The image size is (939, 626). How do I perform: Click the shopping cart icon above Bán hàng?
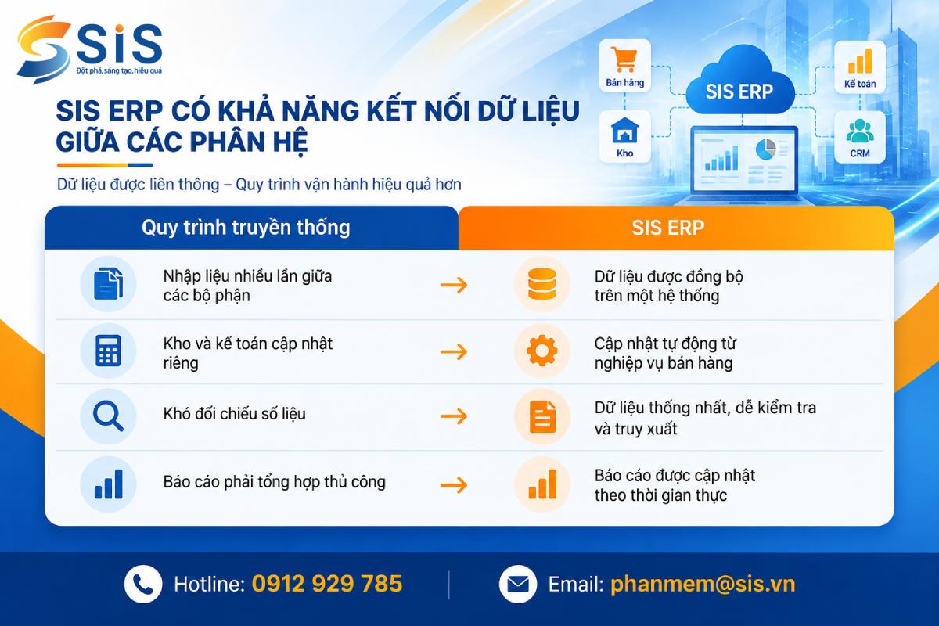tap(624, 59)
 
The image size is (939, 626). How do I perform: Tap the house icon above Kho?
tap(625, 131)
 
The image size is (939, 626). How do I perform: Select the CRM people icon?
tap(860, 131)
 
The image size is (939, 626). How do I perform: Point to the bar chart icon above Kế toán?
tap(860, 61)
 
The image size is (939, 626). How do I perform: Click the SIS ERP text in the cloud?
tap(739, 92)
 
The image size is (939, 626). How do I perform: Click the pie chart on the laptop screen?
tap(766, 149)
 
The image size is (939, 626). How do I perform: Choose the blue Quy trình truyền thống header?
tap(251, 228)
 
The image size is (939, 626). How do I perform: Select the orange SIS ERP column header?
tap(676, 228)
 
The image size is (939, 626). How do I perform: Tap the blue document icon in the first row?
tap(108, 284)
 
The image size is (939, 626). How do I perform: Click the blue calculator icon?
tap(108, 351)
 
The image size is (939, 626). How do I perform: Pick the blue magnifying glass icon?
tap(108, 416)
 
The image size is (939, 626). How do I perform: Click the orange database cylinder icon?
tap(541, 284)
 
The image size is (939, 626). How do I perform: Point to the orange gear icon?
tap(541, 351)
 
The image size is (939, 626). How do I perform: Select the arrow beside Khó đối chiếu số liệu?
tap(454, 416)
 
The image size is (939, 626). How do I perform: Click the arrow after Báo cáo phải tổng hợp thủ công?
tap(454, 485)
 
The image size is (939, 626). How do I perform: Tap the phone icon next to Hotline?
tap(143, 584)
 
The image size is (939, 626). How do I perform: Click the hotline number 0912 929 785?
tap(327, 584)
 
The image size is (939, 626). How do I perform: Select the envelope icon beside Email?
tap(518, 584)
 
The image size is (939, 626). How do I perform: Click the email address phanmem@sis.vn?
tap(703, 584)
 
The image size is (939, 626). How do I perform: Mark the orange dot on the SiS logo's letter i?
tap(120, 28)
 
